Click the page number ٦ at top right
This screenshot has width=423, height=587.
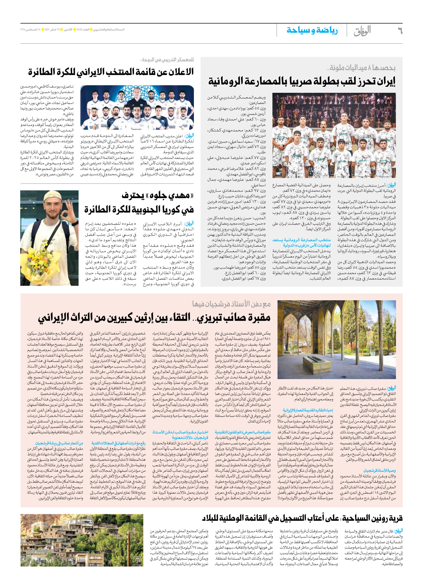pyautogui.click(x=400, y=31)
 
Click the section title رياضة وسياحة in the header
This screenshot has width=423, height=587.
pyautogui.click(x=312, y=30)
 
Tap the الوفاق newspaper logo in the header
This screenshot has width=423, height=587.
pyautogui.click(x=362, y=31)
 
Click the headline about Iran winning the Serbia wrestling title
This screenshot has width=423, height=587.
pyautogui.click(x=302, y=81)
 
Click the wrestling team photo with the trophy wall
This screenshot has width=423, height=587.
pyautogui.click(x=334, y=135)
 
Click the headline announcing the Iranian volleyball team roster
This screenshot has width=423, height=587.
pyautogui.click(x=111, y=72)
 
